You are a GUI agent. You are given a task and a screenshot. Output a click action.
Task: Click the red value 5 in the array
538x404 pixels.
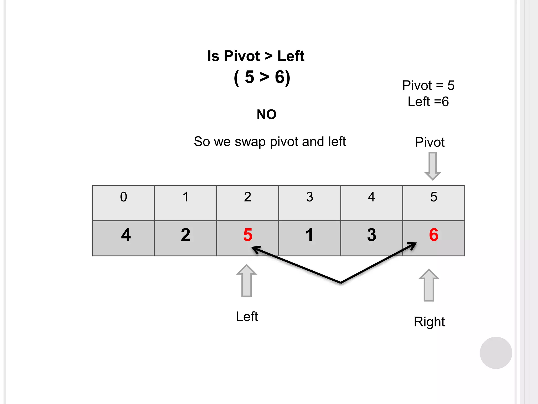point(248,235)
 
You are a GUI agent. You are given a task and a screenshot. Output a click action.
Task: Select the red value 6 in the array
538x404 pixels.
point(434,235)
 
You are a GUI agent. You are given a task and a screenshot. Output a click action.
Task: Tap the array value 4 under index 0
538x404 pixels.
point(126,235)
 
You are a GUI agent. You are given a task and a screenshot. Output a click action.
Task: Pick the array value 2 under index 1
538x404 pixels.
point(185,235)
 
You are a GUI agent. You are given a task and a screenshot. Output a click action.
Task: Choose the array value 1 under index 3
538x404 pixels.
point(309,235)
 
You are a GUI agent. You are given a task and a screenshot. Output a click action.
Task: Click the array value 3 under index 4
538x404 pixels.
point(371,235)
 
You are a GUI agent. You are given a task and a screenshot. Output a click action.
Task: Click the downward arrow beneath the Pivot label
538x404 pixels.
point(432,166)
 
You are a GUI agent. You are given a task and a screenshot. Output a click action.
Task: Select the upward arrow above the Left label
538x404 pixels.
point(246,281)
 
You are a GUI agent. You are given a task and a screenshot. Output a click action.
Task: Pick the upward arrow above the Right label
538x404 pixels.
point(429,285)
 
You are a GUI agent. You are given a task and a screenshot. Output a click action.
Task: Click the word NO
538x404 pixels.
point(266,114)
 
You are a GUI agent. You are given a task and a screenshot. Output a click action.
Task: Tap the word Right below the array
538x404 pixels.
point(429,322)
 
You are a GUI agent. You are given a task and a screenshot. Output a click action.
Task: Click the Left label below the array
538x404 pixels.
point(247,316)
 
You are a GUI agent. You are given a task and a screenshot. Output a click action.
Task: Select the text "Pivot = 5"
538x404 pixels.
point(428,85)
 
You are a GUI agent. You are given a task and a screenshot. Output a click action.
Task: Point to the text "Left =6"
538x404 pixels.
point(428,102)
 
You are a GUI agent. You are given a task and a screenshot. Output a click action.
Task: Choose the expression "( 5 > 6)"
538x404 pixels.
point(262,77)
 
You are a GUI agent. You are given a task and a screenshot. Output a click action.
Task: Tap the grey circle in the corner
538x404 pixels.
point(496,353)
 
